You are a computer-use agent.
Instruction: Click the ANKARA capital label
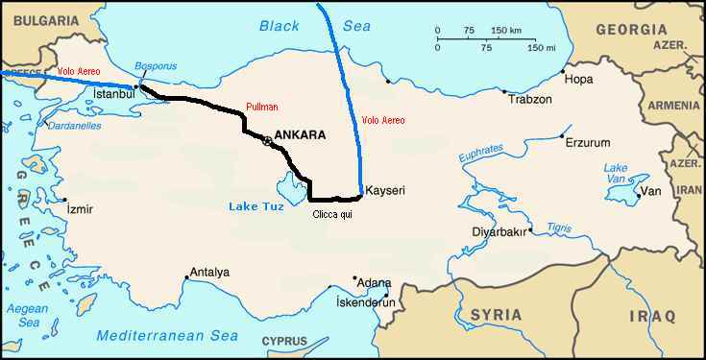[x=300, y=135]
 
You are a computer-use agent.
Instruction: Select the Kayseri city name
[x=386, y=191]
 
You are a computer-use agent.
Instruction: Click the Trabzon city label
[x=530, y=100]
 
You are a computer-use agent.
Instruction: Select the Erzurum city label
[x=587, y=143]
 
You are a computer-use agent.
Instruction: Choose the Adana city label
[x=374, y=285]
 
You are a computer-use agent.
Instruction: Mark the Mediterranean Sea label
[x=167, y=336]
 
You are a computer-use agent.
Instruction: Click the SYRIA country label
[x=496, y=315]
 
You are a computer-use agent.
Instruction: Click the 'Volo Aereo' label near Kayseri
[x=383, y=120]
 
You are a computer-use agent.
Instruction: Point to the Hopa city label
[x=577, y=79]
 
